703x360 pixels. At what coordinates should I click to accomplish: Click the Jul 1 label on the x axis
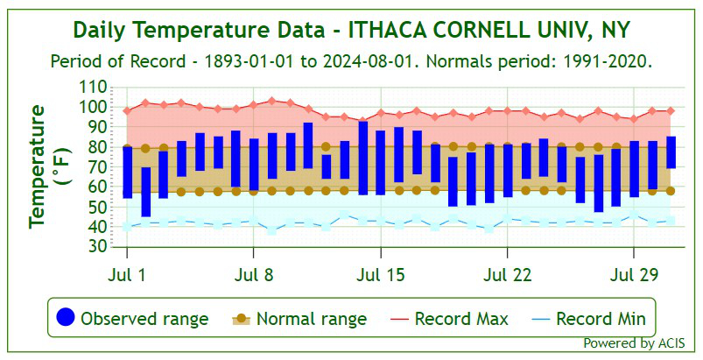(128, 274)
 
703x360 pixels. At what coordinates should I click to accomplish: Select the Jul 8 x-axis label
(254, 274)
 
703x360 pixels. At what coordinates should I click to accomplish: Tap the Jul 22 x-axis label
(508, 274)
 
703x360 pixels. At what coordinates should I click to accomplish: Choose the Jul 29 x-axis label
(634, 274)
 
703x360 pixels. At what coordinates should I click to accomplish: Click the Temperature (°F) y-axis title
(48, 166)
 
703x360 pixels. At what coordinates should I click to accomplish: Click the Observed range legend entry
(132, 318)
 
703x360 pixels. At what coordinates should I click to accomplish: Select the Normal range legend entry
(299, 318)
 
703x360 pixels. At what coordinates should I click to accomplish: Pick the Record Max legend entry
(446, 318)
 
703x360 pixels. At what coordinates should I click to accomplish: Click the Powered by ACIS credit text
(634, 342)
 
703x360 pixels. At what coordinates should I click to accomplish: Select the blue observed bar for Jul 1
(128, 172)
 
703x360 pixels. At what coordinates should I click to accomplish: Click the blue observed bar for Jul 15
(381, 162)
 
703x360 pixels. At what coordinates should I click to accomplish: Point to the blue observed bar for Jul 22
(508, 171)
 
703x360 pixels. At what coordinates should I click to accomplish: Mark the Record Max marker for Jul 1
(128, 111)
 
